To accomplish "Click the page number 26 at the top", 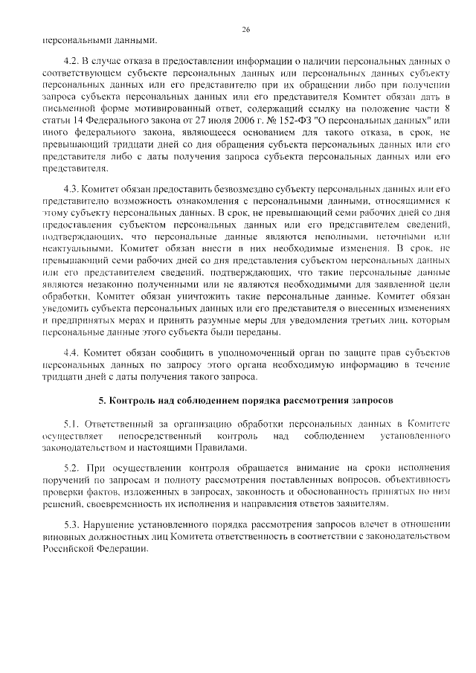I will (x=245, y=29).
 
